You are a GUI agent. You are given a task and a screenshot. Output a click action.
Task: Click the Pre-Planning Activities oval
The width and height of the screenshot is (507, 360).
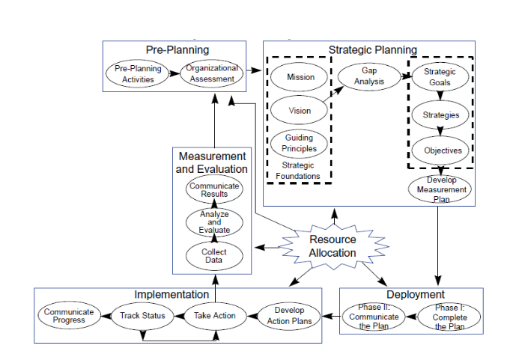[x=133, y=73]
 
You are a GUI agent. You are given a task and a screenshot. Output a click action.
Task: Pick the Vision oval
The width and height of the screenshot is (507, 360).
[x=300, y=111]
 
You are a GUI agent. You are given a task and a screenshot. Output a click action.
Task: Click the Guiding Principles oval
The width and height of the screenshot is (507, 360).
[x=300, y=143]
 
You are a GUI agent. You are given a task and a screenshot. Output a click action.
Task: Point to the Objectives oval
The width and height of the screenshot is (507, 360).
[x=440, y=150]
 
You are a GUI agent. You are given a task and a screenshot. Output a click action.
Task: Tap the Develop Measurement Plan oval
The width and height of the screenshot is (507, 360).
[x=440, y=189]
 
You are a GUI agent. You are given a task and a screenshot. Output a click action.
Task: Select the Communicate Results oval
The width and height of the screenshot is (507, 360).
[x=214, y=190]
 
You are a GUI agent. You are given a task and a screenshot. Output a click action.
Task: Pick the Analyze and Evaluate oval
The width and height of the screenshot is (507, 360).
[x=214, y=222]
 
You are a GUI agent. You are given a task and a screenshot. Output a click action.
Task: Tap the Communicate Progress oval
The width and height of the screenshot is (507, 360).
[x=68, y=316]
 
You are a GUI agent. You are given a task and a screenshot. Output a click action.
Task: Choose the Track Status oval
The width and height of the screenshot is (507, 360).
[x=142, y=316]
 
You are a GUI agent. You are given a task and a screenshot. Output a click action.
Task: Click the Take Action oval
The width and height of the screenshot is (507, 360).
[x=215, y=316]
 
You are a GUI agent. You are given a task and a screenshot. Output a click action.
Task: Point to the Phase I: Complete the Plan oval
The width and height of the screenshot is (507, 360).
[x=449, y=317]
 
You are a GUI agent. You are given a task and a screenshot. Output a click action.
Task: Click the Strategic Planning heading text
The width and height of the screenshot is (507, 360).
[x=372, y=50]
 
